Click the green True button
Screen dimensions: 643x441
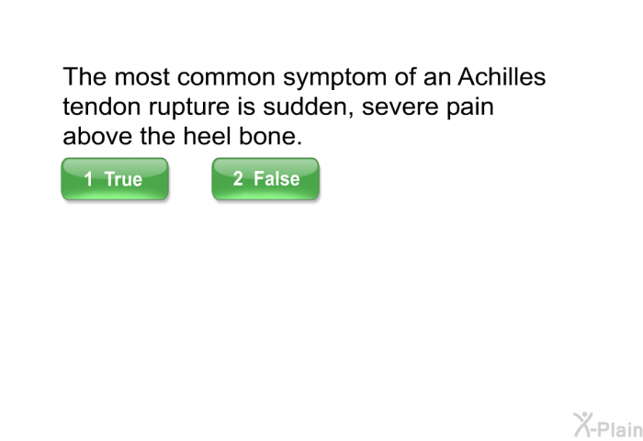(x=115, y=179)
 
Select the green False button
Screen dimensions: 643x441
(x=265, y=179)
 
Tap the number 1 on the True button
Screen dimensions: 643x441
(x=88, y=179)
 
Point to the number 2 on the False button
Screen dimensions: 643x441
(x=238, y=178)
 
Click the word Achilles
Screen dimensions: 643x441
(x=502, y=76)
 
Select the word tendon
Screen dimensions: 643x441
(x=102, y=107)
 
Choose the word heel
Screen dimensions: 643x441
(x=207, y=136)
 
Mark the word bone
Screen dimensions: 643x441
(x=270, y=136)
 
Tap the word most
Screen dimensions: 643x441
(x=141, y=77)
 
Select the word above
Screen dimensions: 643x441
(x=97, y=136)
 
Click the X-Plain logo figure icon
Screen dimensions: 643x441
(x=583, y=424)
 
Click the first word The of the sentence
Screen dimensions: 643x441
(x=85, y=76)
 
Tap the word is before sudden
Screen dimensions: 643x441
(x=246, y=107)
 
